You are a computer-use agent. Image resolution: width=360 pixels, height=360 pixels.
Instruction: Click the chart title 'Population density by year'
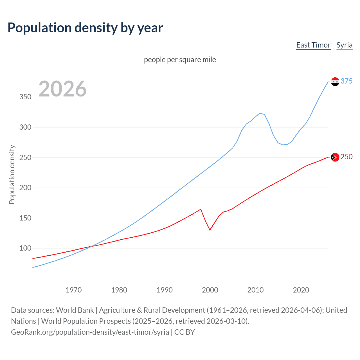click(x=85, y=28)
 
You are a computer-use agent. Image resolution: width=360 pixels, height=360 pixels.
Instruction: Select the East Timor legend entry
click(x=313, y=45)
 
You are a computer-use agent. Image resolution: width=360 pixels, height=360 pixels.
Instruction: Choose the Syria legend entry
click(x=344, y=45)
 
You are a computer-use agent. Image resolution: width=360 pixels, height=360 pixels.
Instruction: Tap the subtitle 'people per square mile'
click(x=180, y=60)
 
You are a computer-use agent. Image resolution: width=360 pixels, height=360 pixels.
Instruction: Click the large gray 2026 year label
click(x=62, y=89)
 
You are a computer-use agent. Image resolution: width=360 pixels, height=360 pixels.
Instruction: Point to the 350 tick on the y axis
click(x=25, y=97)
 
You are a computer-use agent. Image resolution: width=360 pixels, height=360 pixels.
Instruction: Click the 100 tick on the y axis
click(x=25, y=248)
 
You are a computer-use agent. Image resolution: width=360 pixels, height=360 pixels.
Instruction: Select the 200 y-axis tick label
click(x=25, y=188)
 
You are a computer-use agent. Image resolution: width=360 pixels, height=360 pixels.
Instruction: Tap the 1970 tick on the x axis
click(x=74, y=290)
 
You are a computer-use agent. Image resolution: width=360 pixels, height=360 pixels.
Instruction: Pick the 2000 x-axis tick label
click(x=210, y=290)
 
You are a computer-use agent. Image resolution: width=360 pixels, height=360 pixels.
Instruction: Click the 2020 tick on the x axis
click(x=301, y=290)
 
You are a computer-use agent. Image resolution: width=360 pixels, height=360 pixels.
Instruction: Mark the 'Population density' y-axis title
click(x=12, y=174)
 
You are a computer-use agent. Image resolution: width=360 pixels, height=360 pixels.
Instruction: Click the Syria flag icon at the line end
click(x=335, y=82)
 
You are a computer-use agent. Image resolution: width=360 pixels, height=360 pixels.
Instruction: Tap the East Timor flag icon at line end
click(x=335, y=157)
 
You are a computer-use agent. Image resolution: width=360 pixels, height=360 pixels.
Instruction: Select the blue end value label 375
click(x=346, y=81)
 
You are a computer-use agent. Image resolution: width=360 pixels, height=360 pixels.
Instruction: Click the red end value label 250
click(x=346, y=157)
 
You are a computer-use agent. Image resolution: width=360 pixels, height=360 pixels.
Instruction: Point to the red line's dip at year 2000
click(x=210, y=230)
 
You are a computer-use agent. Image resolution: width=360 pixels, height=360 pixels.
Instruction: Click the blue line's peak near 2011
click(x=260, y=113)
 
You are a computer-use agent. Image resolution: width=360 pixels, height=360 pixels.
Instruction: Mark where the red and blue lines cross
click(x=91, y=246)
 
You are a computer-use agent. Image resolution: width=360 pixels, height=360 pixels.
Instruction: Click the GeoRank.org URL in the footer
click(x=90, y=332)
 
